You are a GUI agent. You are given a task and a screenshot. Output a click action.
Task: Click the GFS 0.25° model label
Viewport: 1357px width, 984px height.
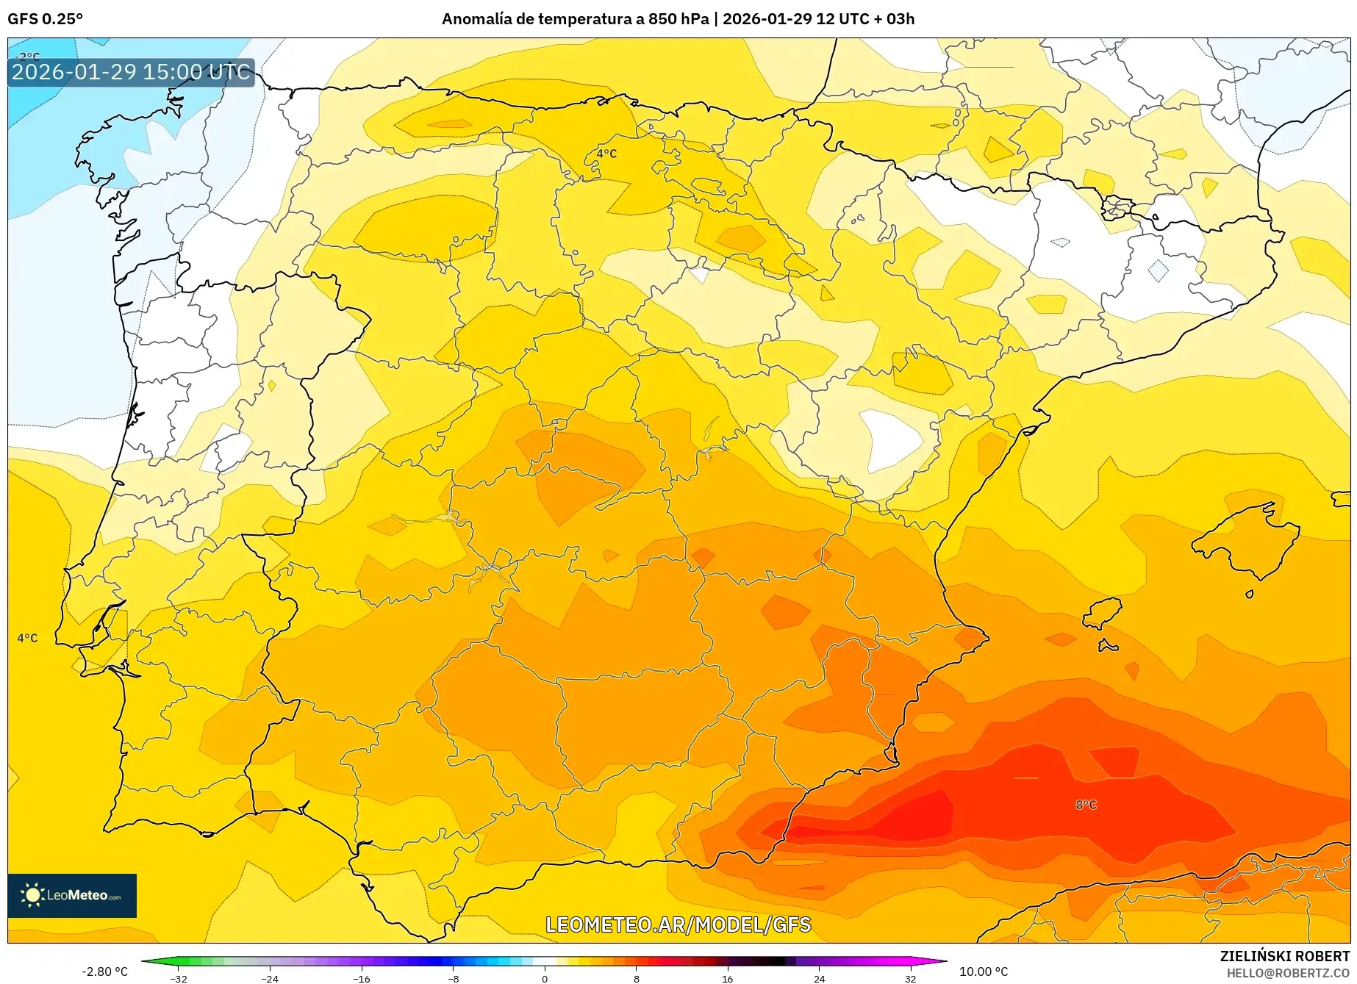pyautogui.click(x=45, y=19)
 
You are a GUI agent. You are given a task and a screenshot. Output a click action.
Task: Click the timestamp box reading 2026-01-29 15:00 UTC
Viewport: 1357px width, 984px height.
pyautogui.click(x=131, y=72)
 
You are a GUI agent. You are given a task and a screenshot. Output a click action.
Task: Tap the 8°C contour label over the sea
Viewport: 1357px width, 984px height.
pyautogui.click(x=1086, y=805)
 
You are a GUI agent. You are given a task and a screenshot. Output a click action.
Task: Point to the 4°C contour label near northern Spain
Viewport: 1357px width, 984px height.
pyautogui.click(x=606, y=154)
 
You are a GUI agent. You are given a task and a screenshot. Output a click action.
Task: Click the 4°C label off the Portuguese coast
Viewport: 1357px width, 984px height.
pyautogui.click(x=27, y=638)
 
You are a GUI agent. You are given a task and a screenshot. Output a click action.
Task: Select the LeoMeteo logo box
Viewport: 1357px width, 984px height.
pyautogui.click(x=72, y=895)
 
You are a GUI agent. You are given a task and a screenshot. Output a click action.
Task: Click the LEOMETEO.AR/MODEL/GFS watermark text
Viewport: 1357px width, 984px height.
pyautogui.click(x=678, y=924)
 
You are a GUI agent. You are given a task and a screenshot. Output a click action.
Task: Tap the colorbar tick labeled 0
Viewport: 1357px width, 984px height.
pyautogui.click(x=545, y=978)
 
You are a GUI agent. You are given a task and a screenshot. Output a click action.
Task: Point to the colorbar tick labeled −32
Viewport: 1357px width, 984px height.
pyautogui.click(x=179, y=978)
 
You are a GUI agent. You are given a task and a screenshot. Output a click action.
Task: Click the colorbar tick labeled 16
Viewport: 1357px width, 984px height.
pyautogui.click(x=727, y=978)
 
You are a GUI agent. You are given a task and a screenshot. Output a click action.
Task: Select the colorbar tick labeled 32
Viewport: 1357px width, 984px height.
pyautogui.click(x=910, y=978)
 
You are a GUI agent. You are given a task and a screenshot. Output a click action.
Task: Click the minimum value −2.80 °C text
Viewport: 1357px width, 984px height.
pyautogui.click(x=104, y=972)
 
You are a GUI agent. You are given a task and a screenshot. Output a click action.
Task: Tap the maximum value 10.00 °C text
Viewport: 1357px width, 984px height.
pyautogui.click(x=984, y=972)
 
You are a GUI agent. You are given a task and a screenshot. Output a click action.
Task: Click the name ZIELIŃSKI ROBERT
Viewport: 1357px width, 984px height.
pyautogui.click(x=1284, y=956)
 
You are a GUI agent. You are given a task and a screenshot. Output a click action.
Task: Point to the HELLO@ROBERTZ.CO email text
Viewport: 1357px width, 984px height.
pyautogui.click(x=1287, y=973)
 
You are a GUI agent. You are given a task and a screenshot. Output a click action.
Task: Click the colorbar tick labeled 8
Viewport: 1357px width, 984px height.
pyautogui.click(x=636, y=978)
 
